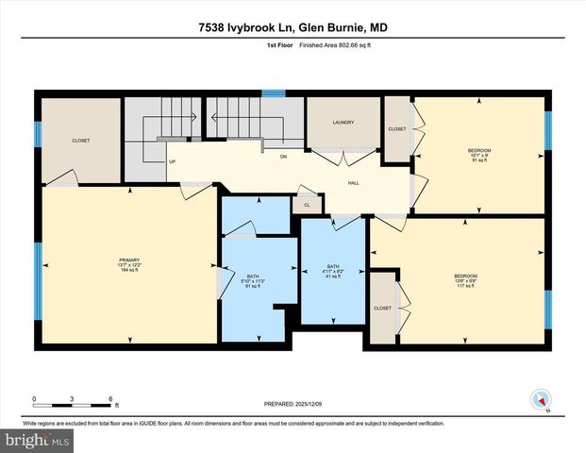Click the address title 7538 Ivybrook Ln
click(293, 28)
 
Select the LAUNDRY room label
click(343, 123)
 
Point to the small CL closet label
click(306, 203)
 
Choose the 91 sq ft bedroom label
click(479, 156)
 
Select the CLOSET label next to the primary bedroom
click(81, 141)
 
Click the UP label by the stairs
click(172, 161)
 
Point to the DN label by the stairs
click(282, 157)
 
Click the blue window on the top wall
click(274, 93)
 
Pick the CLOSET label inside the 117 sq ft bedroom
click(382, 308)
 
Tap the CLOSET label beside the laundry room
click(397, 129)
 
